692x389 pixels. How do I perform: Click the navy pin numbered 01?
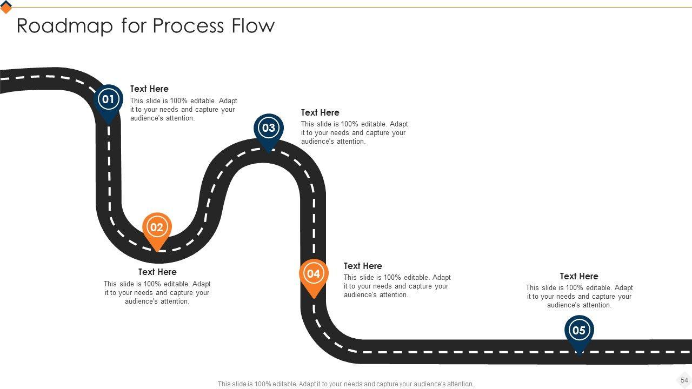tap(108, 100)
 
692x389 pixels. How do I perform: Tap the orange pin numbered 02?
tap(157, 227)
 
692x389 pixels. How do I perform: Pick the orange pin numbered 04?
tap(314, 274)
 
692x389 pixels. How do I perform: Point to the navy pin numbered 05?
tap(579, 331)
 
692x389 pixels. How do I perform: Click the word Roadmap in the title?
tap(65, 26)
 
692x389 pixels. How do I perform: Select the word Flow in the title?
tap(254, 26)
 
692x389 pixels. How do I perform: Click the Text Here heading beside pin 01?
tap(149, 89)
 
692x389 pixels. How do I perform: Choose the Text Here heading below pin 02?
tap(157, 272)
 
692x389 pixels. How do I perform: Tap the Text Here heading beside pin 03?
tap(320, 112)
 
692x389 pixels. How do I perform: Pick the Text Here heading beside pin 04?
tap(363, 266)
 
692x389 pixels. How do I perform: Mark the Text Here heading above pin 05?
tap(579, 276)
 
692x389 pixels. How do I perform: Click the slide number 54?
tap(684, 380)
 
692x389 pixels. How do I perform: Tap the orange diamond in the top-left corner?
tap(6, 7)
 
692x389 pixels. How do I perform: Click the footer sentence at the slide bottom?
tap(346, 384)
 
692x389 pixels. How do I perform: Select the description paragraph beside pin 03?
tap(354, 133)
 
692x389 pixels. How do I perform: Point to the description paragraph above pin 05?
tap(579, 297)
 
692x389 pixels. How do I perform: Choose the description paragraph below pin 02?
tap(157, 293)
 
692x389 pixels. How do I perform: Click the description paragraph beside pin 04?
tap(397, 286)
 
